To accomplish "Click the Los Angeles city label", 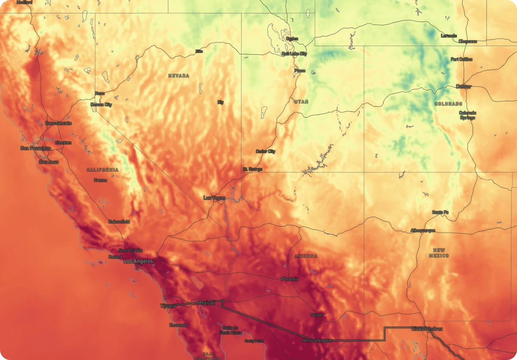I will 138,261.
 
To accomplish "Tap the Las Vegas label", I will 214,198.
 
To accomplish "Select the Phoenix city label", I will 290,279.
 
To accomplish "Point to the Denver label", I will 464,87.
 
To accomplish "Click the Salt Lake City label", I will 294,54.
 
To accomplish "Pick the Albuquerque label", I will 423,230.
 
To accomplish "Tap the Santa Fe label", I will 440,212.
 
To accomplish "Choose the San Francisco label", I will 35,148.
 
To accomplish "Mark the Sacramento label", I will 59,123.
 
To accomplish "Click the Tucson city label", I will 316,315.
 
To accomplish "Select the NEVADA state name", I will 178,76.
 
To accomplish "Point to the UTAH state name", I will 301,102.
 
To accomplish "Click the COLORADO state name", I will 448,104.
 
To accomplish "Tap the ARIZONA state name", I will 305,256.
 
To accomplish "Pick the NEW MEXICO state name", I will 439,253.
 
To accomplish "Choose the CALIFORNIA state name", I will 103,170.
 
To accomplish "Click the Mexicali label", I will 206,303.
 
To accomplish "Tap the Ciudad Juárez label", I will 427,329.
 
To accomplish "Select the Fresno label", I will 100,180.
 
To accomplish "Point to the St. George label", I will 252,169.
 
